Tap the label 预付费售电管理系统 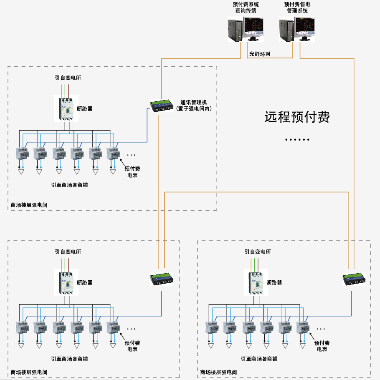tap(297, 8)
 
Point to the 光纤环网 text tap(260, 54)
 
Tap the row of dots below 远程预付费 tap(297, 140)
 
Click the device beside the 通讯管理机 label tap(162, 105)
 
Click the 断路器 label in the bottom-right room tap(274, 282)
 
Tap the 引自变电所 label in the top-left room tap(68, 77)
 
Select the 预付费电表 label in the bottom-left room tap(132, 346)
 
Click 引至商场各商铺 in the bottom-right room tap(259, 359)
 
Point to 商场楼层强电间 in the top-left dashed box tap(29, 205)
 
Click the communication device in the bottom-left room tap(162, 278)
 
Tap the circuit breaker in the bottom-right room tap(256, 282)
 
